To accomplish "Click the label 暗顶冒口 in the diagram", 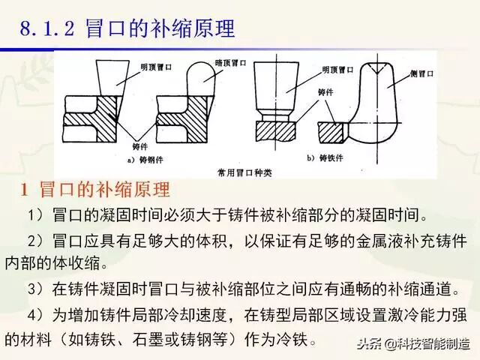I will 220,65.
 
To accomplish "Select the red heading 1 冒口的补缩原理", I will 94,188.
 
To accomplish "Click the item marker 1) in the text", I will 37,217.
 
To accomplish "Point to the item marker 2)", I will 37,242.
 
